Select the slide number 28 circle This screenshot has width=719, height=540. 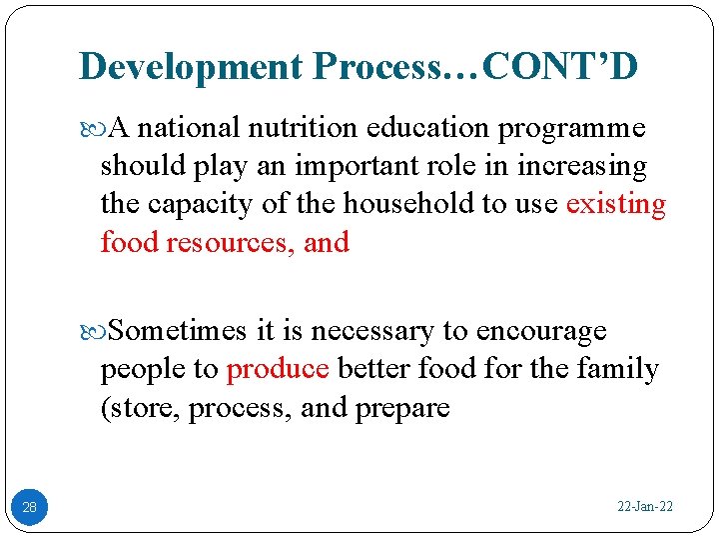click(30, 507)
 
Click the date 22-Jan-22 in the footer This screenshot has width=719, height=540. click(644, 507)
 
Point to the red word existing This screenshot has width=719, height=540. click(615, 204)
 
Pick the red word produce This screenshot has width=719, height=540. click(278, 369)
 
